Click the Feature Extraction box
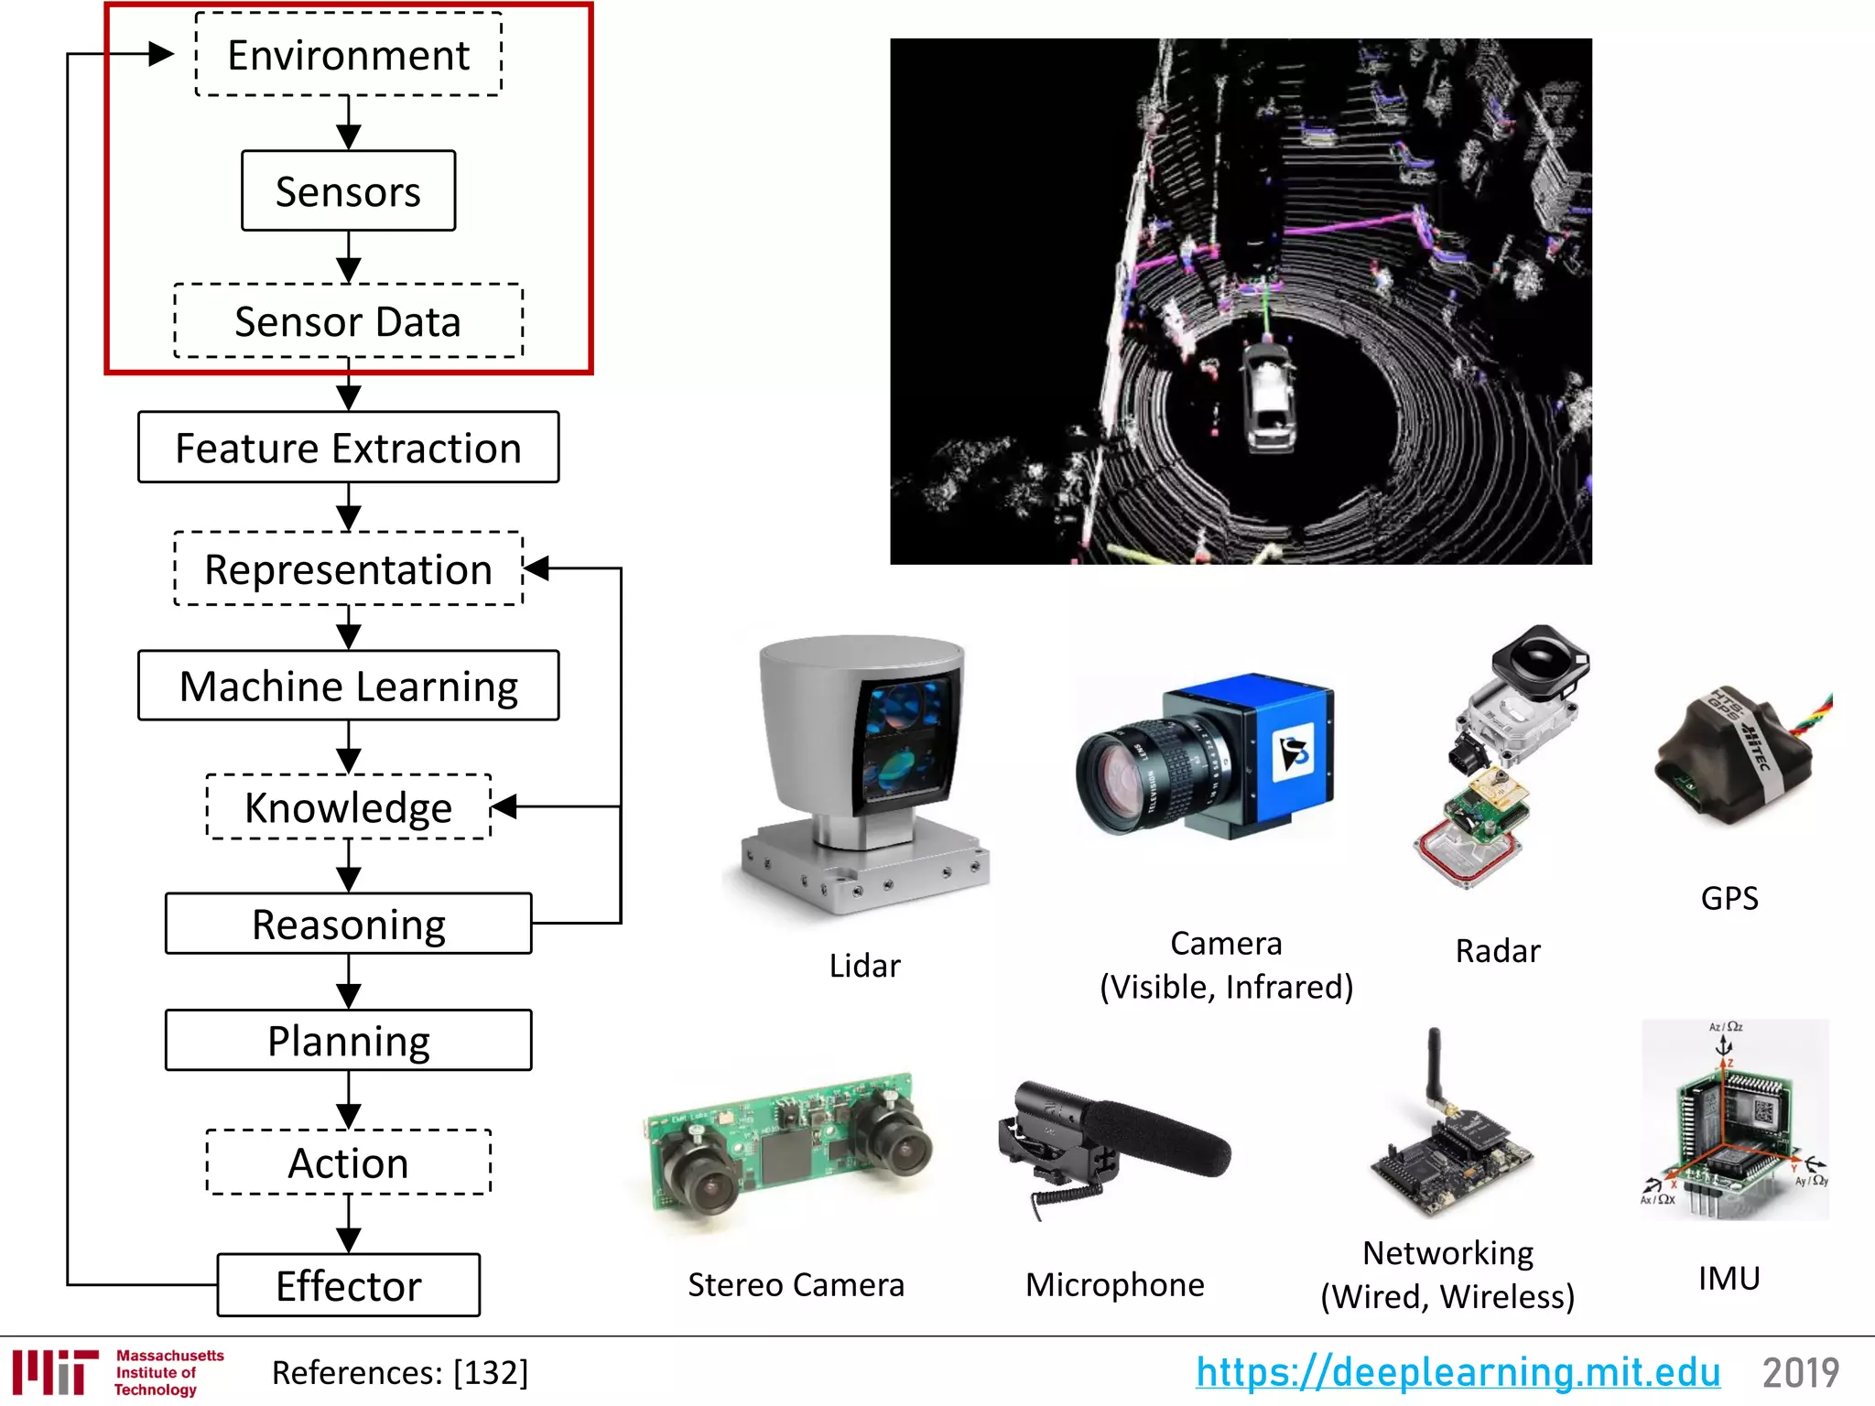click(348, 448)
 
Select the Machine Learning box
click(348, 686)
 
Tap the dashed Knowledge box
click(348, 806)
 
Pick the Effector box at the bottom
click(348, 1285)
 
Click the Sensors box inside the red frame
click(348, 191)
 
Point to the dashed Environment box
click(348, 55)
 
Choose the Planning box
click(348, 1041)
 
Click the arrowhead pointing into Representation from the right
click(536, 568)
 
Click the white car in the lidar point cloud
click(1268, 398)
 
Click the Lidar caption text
click(864, 966)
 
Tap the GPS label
click(1729, 898)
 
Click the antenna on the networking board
click(1434, 1066)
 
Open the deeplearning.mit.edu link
click(1458, 1372)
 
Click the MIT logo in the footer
click(55, 1372)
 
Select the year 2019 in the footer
click(1801, 1372)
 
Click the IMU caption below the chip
click(1729, 1278)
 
